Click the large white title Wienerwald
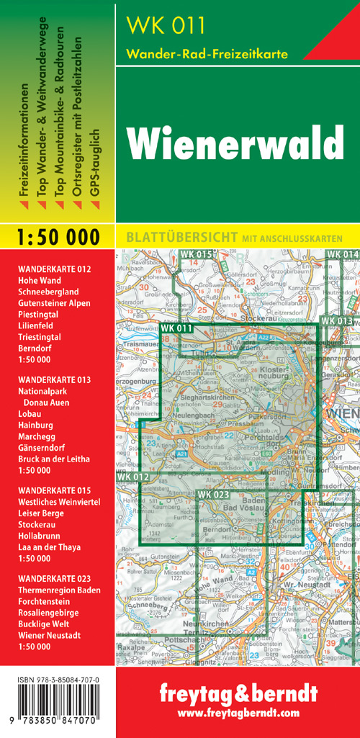236,143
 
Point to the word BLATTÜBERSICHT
168,236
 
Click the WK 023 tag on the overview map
213,495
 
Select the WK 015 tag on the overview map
197,254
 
